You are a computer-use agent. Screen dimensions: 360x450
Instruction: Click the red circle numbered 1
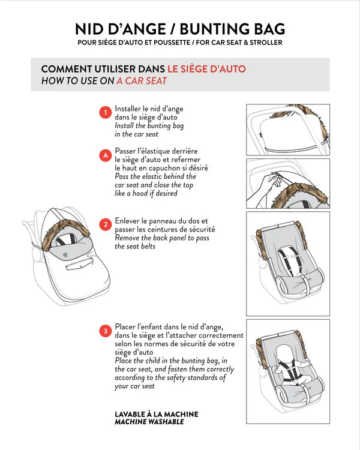click(106, 113)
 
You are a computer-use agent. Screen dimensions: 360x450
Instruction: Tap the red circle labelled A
click(106, 155)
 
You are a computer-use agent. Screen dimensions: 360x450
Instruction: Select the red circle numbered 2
click(106, 224)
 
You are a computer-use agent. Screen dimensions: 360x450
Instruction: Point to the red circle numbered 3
click(106, 331)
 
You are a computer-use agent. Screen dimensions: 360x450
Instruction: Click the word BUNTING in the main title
click(214, 29)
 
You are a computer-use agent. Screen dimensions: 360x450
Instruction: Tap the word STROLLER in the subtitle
click(266, 43)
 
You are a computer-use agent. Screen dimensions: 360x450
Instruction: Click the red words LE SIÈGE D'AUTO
click(206, 69)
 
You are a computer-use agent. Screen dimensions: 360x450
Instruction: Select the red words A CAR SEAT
click(142, 81)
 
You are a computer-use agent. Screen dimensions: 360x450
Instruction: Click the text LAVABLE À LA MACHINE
click(157, 414)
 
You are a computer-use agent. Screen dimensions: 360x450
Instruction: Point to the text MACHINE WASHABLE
click(149, 422)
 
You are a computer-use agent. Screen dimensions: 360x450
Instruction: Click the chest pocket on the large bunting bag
click(80, 264)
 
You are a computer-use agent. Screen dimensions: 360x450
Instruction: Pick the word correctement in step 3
click(221, 335)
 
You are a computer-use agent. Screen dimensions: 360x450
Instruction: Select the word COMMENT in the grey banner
click(67, 69)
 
